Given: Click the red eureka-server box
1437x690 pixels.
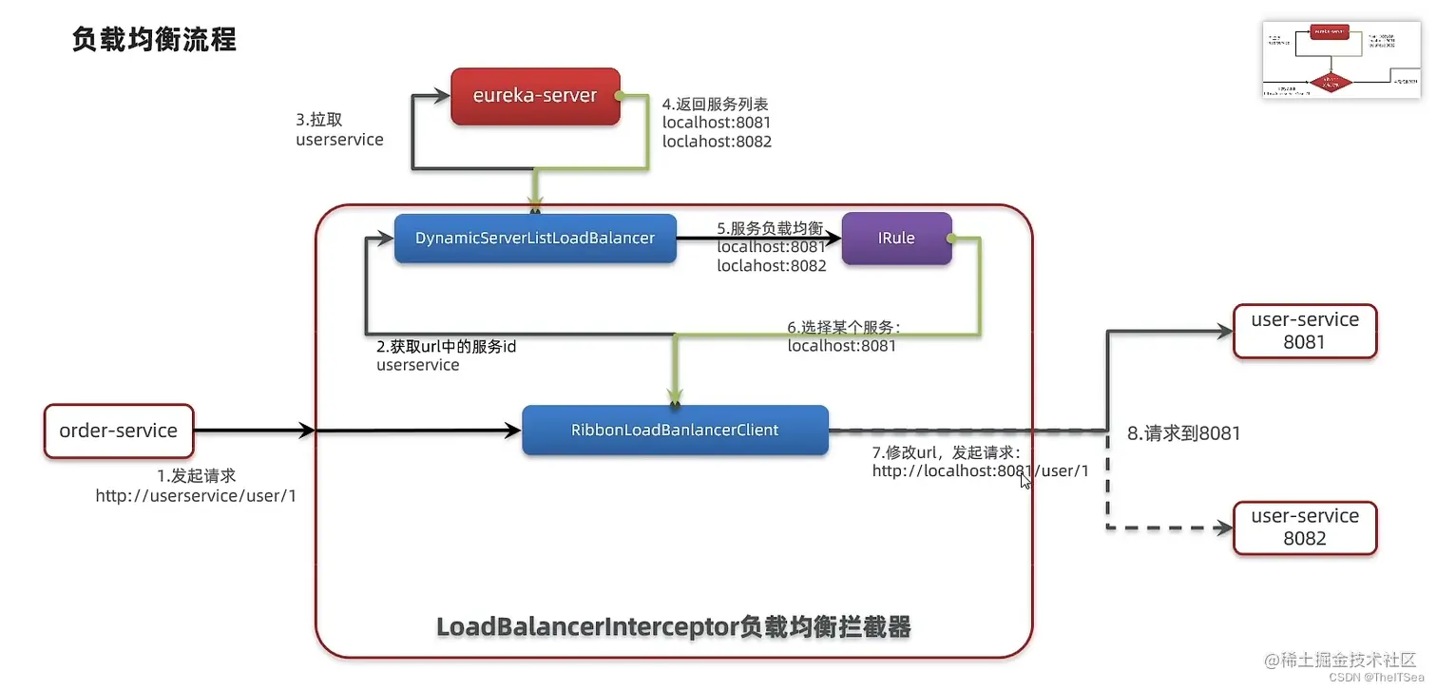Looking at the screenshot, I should click(535, 96).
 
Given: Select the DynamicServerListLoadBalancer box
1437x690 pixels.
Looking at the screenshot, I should click(535, 238).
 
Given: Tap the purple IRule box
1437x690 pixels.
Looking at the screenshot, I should click(896, 238).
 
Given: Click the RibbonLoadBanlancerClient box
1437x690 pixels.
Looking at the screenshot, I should click(675, 431).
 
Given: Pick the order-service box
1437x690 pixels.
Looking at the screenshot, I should click(119, 431).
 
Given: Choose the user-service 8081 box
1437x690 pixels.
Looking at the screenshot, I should click(1305, 332).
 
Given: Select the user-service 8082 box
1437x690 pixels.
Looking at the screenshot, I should click(1305, 527).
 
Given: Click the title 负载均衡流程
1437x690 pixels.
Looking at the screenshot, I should click(154, 40).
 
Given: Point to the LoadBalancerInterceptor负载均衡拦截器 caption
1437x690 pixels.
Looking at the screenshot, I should click(673, 627).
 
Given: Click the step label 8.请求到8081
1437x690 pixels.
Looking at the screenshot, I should click(1183, 433).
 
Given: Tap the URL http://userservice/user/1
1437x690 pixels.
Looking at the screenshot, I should click(196, 495).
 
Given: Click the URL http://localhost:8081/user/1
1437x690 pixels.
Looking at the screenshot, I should click(980, 470).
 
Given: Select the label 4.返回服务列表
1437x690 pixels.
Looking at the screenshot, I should click(716, 104).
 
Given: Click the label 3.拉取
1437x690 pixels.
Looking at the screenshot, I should click(319, 121).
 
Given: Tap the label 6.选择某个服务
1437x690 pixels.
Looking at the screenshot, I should click(843, 327).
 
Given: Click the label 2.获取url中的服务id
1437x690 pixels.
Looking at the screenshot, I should click(447, 347).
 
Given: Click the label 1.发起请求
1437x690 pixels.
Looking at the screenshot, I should click(196, 475).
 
